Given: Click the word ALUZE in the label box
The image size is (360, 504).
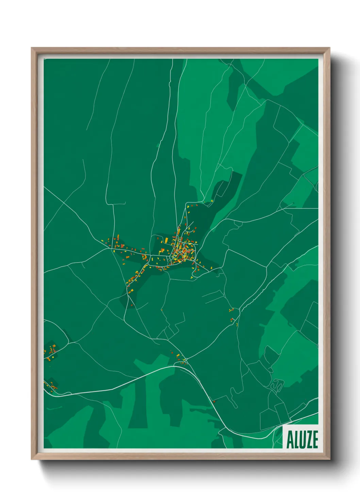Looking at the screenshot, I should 302,440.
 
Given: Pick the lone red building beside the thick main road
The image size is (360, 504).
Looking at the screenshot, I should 214,402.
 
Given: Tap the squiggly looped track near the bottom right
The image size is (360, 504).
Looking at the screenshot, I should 277,385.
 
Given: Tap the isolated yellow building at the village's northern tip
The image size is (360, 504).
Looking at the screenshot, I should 212,201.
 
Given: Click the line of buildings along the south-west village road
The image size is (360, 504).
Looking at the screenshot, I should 134,278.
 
